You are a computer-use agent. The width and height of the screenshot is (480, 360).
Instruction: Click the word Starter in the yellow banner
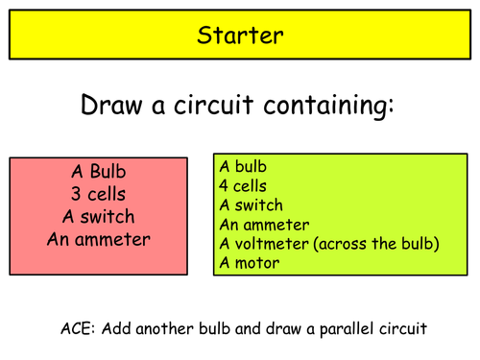[x=239, y=36]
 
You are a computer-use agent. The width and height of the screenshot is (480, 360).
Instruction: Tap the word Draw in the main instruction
[x=119, y=106]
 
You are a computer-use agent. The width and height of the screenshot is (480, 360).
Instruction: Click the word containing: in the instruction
[x=334, y=107]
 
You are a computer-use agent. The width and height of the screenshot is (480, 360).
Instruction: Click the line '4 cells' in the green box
[x=243, y=186]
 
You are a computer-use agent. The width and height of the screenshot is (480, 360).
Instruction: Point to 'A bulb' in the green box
[x=242, y=167]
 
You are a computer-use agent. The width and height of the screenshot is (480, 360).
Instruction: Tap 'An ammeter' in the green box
[x=264, y=225]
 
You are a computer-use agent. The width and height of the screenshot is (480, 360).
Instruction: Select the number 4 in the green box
[x=225, y=186]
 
